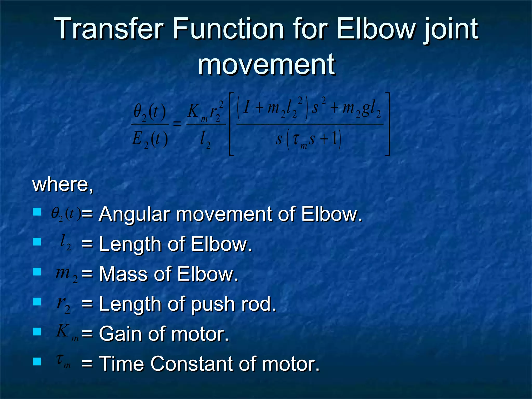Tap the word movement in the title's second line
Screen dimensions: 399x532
coord(266,64)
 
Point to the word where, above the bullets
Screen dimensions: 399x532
coord(62,184)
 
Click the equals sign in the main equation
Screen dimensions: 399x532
coord(177,124)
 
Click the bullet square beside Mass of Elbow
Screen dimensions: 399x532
coord(37,272)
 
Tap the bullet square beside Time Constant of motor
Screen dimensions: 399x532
coord(37,361)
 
